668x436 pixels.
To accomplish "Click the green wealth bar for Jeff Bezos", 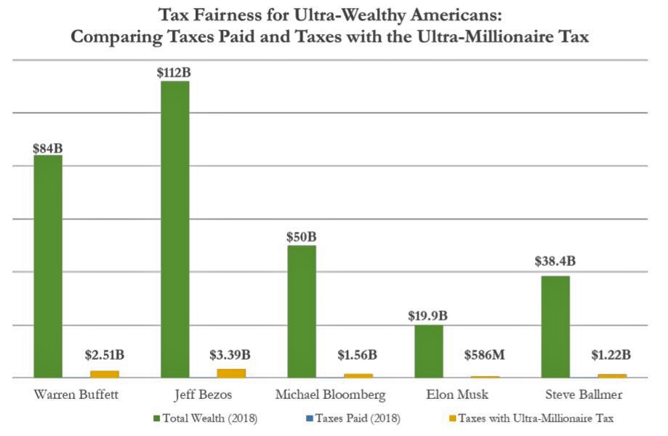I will coord(174,229).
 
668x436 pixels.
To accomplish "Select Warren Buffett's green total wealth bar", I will coord(48,266).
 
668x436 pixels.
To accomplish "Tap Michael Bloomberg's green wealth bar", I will coord(302,311).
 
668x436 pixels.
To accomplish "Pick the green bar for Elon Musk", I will coord(429,351).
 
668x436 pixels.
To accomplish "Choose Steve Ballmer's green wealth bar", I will coord(555,326).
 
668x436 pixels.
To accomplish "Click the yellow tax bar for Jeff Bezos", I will coord(231,373).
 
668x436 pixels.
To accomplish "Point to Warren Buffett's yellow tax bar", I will coord(105,374).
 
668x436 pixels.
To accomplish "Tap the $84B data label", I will coord(47,146).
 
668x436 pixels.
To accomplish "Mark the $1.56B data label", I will coord(358,355).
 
